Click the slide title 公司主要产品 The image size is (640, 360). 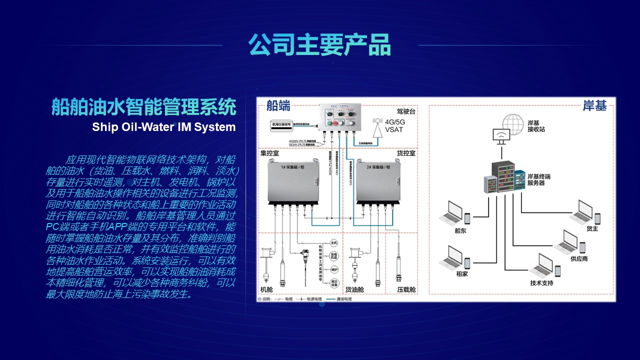[319, 45]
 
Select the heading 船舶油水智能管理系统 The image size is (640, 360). [143, 107]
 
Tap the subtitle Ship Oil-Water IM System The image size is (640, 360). [163, 127]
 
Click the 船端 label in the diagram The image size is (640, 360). [278, 105]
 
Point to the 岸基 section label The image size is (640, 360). [594, 106]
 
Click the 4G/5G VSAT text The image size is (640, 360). [393, 126]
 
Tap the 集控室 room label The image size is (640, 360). [270, 153]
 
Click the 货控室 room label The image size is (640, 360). [406, 153]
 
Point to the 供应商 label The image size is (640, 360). [579, 258]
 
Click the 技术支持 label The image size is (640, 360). [541, 283]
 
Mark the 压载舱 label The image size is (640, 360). [406, 289]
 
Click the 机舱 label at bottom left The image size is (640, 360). [266, 289]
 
